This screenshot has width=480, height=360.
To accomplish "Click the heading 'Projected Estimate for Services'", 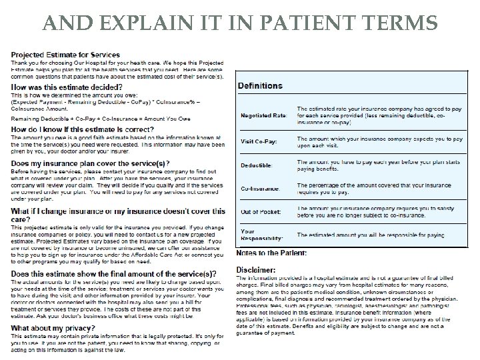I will pyautogui.click(x=60, y=53).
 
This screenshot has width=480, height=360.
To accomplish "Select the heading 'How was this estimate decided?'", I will pyautogui.click(x=67, y=87).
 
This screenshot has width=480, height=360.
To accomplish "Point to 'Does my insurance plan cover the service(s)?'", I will pyautogui.click(x=90, y=164).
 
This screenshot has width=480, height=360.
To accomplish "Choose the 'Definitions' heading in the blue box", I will pyautogui.click(x=260, y=86).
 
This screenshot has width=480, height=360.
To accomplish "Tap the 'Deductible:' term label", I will pyautogui.click(x=256, y=165).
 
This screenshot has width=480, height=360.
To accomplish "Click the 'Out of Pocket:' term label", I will pyautogui.click(x=260, y=212).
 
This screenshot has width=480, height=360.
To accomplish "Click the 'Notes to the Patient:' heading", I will pyautogui.click(x=271, y=253).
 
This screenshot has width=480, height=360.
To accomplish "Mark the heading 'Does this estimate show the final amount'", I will pyautogui.click(x=113, y=274).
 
